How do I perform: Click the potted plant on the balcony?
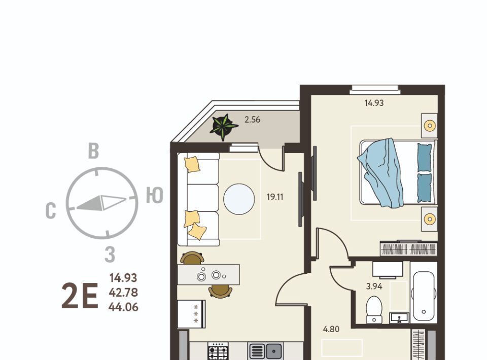(223, 127)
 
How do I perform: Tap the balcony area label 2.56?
(252, 120)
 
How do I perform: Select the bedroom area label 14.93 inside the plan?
(374, 103)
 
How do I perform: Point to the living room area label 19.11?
(275, 197)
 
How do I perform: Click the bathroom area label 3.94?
(374, 286)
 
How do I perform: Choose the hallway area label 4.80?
(331, 329)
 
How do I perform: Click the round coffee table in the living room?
(239, 199)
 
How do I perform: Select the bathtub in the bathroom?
(423, 297)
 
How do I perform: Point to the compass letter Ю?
(155, 196)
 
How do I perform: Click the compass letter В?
(93, 151)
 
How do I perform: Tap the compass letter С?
(51, 211)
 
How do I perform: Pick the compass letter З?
(110, 255)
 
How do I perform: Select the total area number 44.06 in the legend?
(123, 307)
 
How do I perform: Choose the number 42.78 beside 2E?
(123, 293)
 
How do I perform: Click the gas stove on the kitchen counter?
(218, 351)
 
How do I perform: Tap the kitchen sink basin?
(273, 351)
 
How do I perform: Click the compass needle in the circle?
(101, 203)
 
